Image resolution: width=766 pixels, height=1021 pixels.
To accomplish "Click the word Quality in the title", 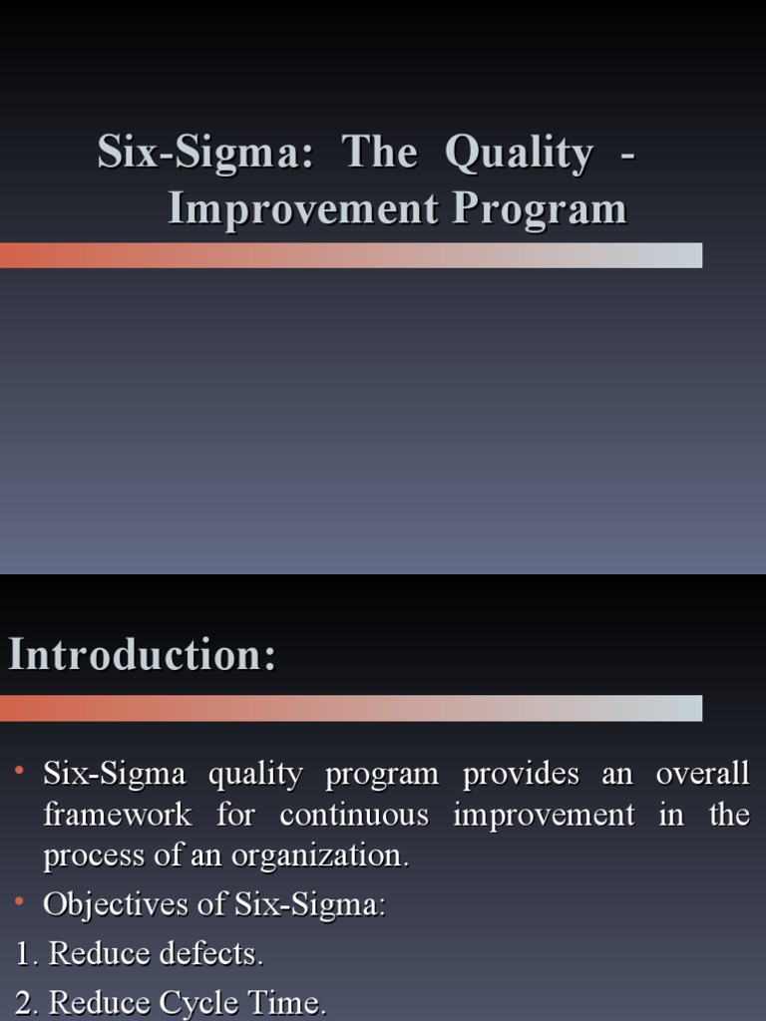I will (518, 154).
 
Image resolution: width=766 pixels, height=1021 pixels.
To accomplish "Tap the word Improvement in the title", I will (303, 209).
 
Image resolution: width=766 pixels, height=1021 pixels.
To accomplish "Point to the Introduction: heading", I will (142, 656).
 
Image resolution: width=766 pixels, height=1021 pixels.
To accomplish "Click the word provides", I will (521, 775).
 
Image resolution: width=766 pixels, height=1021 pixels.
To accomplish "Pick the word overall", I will (702, 775).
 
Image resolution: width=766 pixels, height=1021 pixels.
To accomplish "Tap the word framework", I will (117, 815).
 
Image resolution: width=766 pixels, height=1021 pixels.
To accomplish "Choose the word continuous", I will (354, 815).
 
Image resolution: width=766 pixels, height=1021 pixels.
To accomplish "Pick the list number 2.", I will (26, 1002).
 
